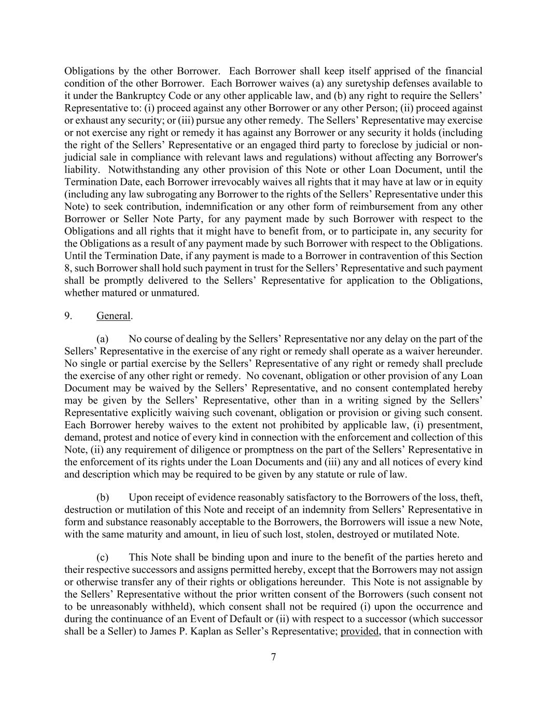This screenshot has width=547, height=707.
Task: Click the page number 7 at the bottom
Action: tap(273, 657)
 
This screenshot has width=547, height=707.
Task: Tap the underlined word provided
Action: tap(359, 631)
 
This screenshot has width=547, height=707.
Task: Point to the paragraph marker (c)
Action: tap(103, 557)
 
